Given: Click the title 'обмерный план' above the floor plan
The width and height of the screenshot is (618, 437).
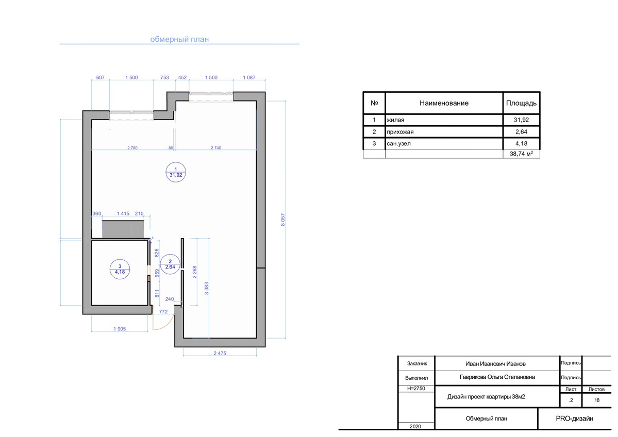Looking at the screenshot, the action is pyautogui.click(x=179, y=39).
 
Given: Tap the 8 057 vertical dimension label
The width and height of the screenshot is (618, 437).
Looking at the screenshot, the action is pyautogui.click(x=282, y=220).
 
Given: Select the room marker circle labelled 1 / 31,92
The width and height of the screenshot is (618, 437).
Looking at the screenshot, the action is pyautogui.click(x=176, y=172).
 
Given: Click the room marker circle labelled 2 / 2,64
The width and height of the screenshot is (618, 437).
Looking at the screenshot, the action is pyautogui.click(x=170, y=264).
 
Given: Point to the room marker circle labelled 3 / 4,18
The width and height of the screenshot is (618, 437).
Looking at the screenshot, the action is pyautogui.click(x=120, y=269).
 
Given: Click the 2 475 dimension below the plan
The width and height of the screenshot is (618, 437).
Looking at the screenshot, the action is pyautogui.click(x=220, y=354).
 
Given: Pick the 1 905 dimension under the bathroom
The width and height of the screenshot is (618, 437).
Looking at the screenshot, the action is pyautogui.click(x=120, y=329).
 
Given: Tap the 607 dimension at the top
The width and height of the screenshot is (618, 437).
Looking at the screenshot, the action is pyautogui.click(x=101, y=78).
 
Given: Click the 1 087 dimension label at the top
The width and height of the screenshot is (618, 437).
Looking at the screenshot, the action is pyautogui.click(x=249, y=78).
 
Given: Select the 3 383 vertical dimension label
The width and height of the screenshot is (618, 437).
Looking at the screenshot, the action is pyautogui.click(x=207, y=289).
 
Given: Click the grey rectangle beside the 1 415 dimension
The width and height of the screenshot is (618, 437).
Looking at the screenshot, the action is pyautogui.click(x=123, y=229).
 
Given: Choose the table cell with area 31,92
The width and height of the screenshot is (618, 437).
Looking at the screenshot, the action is pyautogui.click(x=521, y=120).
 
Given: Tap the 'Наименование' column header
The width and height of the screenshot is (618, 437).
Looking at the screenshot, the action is pyautogui.click(x=444, y=103).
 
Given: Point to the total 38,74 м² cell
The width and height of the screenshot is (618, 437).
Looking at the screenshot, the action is pyautogui.click(x=522, y=154).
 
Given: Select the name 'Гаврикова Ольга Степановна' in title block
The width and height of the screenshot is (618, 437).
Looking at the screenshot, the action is pyautogui.click(x=497, y=377).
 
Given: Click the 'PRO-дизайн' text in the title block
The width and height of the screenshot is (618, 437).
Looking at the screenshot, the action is pyautogui.click(x=574, y=418).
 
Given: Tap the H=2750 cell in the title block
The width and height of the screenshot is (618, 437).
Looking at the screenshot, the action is pyautogui.click(x=416, y=389).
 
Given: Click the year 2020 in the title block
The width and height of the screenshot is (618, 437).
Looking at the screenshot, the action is pyautogui.click(x=415, y=426).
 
